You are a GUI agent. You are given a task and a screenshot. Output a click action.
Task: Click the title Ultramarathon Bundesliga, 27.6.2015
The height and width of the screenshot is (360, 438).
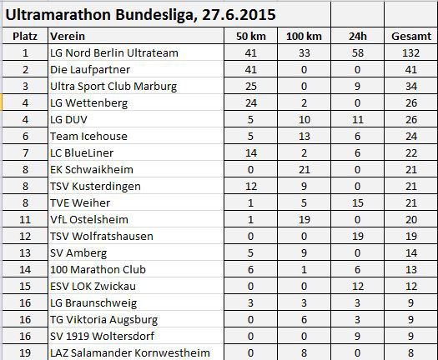140,14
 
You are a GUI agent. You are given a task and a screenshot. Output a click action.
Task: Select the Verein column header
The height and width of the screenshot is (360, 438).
68,37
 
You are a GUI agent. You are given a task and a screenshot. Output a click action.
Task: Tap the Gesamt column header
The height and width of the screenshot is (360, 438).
411,37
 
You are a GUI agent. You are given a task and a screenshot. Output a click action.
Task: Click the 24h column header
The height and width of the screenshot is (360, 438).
358,37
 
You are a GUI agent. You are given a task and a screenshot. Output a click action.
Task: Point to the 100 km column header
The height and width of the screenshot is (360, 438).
304,37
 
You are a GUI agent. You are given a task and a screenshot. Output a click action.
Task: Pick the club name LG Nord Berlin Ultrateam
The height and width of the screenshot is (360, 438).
114,53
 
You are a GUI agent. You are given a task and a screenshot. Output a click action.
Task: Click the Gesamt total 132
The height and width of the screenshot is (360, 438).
411,53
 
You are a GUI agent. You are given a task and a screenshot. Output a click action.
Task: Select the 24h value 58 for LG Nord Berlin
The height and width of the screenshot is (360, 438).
358,53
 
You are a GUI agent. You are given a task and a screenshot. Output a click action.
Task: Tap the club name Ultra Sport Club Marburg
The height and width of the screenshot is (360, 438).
113,87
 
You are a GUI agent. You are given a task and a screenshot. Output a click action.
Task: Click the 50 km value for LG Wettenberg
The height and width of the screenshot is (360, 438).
251,103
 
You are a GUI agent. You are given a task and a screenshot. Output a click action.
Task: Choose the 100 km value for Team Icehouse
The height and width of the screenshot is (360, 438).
305,137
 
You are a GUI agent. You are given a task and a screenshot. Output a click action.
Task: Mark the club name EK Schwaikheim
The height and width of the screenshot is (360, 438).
92,170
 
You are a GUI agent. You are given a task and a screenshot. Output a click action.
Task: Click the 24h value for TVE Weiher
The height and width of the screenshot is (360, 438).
358,203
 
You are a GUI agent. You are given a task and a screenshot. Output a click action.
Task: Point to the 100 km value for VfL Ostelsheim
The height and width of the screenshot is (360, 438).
305,220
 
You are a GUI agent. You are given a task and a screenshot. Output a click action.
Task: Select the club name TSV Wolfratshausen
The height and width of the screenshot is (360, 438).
102,237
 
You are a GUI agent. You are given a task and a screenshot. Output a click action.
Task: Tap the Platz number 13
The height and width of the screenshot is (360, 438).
25,253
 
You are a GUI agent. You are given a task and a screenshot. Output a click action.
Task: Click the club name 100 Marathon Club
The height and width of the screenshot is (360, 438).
98,269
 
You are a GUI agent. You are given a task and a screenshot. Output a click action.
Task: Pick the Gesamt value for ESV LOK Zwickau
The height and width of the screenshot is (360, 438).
411,287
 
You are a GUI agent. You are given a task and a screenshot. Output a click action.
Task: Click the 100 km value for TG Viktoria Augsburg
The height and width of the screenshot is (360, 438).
305,319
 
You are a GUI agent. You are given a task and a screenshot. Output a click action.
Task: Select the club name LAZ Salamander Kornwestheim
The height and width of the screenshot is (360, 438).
130,353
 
